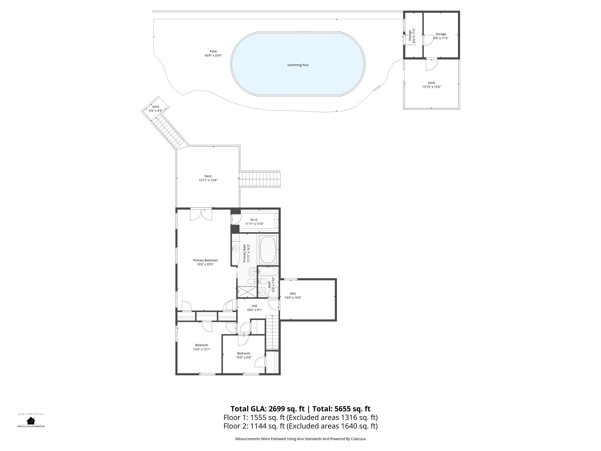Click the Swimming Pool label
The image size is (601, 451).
pyautogui.click(x=298, y=65)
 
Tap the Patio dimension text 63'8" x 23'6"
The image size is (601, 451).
pyautogui.click(x=213, y=55)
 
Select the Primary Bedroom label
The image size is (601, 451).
pyautogui.click(x=205, y=260)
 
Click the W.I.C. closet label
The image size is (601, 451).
pyautogui.click(x=254, y=220)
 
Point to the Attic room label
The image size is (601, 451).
pyautogui.click(x=293, y=294)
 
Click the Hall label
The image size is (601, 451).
pyautogui.click(x=254, y=306)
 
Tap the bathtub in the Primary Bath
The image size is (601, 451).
pyautogui.click(x=268, y=250)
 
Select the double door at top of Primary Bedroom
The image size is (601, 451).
pyautogui.click(x=201, y=215)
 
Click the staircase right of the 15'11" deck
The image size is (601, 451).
pyautogui.click(x=260, y=179)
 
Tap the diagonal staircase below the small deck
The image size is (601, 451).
pyautogui.click(x=168, y=132)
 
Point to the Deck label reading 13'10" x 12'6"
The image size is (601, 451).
pyautogui.click(x=431, y=85)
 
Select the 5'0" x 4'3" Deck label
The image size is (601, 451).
pyautogui.click(x=156, y=109)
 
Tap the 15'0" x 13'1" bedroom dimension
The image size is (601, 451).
pyautogui.click(x=202, y=349)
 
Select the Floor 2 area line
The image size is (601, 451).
pyautogui.click(x=300, y=426)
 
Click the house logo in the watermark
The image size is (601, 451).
pyautogui.click(x=31, y=420)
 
